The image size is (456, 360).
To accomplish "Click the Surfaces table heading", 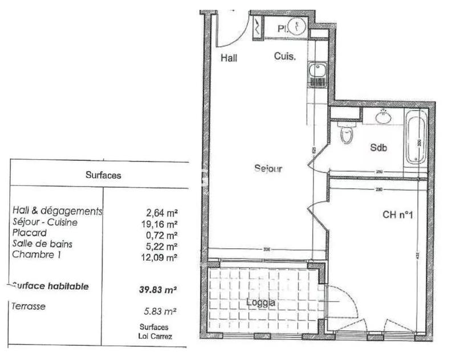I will pos(103,176).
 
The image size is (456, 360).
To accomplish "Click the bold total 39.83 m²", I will pos(157,290).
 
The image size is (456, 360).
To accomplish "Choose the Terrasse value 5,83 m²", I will pos(159,311).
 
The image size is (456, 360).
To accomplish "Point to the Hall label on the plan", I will pos(230,58).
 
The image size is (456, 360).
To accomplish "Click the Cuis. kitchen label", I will pos(284,57).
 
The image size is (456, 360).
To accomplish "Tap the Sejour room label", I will pos(268,168).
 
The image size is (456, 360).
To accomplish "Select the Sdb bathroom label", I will pos(378,147).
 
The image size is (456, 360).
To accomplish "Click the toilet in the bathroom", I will pos(345,135).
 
